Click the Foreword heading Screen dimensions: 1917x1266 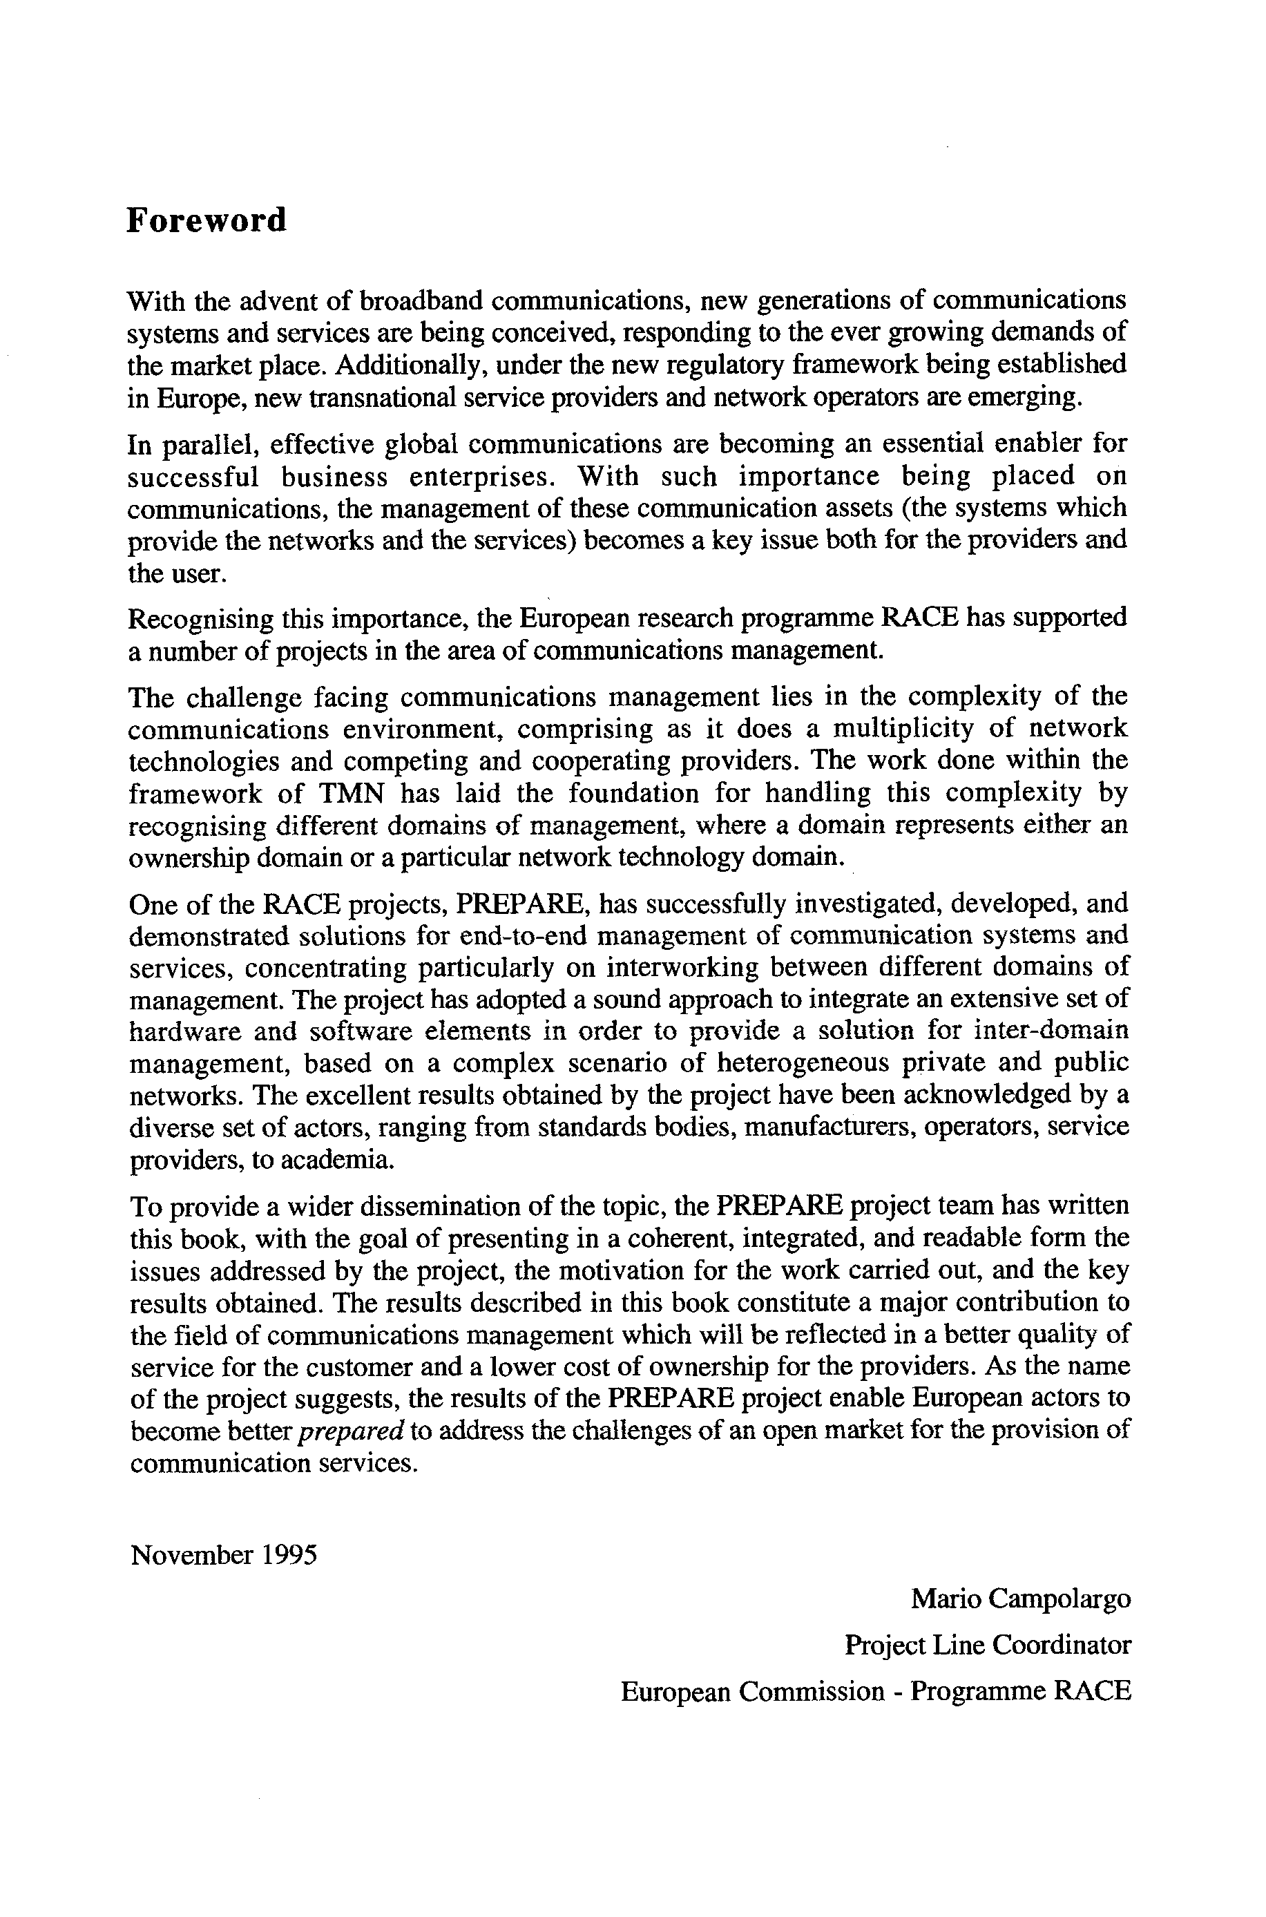click(206, 220)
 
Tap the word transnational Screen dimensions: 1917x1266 click(391, 397)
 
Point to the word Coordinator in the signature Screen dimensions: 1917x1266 click(1062, 1644)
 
